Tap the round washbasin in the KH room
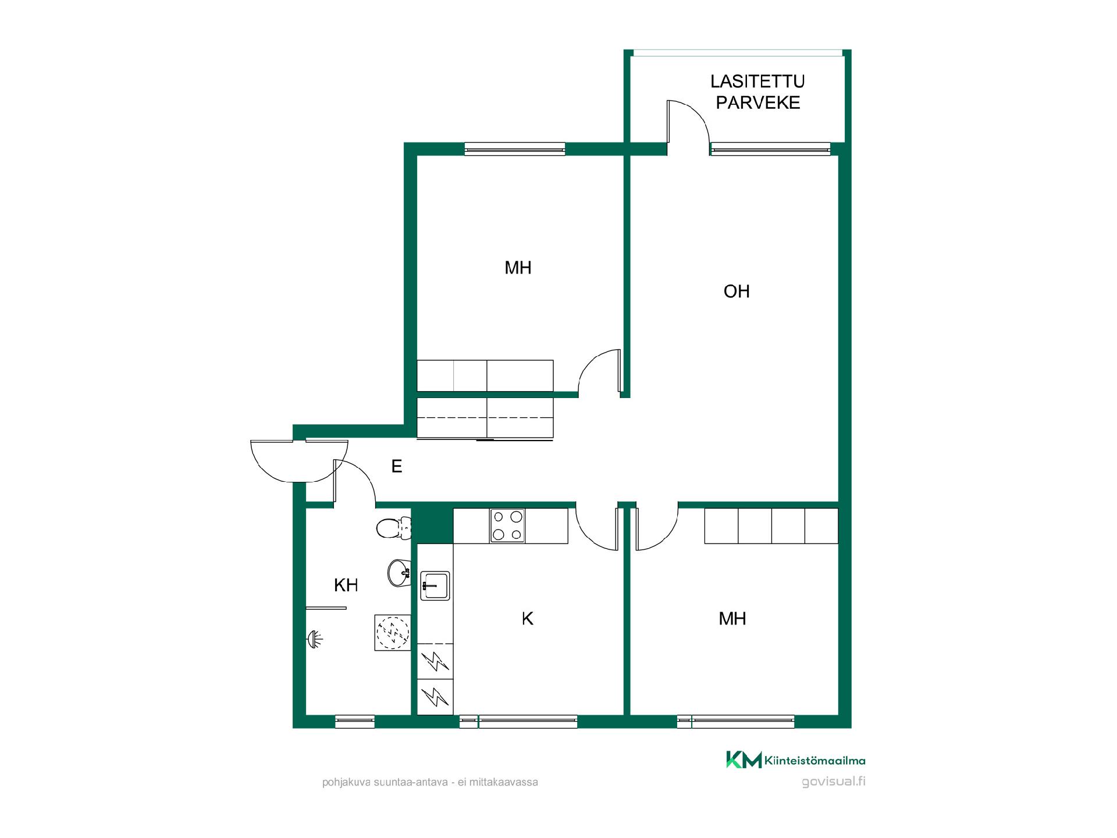click(x=399, y=573)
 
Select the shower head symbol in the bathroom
click(x=315, y=640)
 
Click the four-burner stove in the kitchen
click(x=507, y=525)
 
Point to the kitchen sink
click(x=435, y=585)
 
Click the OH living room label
click(x=737, y=291)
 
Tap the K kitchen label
click(x=528, y=619)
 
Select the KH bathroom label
click(x=346, y=585)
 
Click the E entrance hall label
click(x=397, y=466)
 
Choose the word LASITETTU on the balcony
click(x=757, y=81)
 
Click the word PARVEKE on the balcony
click(x=758, y=102)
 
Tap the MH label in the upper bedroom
click(x=518, y=268)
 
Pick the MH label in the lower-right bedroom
click(x=732, y=619)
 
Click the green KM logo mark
click(x=744, y=760)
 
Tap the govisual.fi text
click(x=833, y=782)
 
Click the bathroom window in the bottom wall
click(x=355, y=722)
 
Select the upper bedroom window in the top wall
click(x=515, y=149)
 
